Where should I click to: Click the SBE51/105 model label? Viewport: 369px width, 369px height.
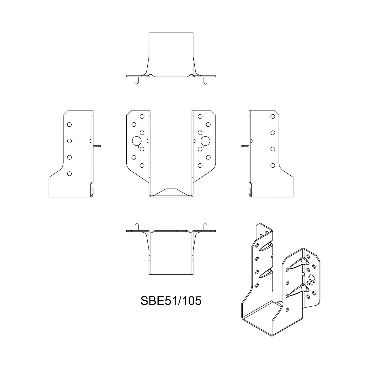pos(171,301)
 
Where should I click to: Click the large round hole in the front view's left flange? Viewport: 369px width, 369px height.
pos(137,141)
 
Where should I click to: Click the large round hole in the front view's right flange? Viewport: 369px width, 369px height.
pos(205,141)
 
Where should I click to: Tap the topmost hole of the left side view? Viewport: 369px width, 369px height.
pos(69,125)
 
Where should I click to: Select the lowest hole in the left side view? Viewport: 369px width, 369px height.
pos(69,174)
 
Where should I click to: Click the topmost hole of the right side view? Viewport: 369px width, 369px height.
pos(272,117)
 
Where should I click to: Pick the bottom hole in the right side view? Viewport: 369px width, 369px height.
pos(272,165)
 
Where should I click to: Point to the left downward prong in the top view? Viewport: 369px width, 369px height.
pos(137,81)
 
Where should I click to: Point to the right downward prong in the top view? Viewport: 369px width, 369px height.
pos(205,81)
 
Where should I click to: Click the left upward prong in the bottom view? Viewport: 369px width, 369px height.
pos(137,227)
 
